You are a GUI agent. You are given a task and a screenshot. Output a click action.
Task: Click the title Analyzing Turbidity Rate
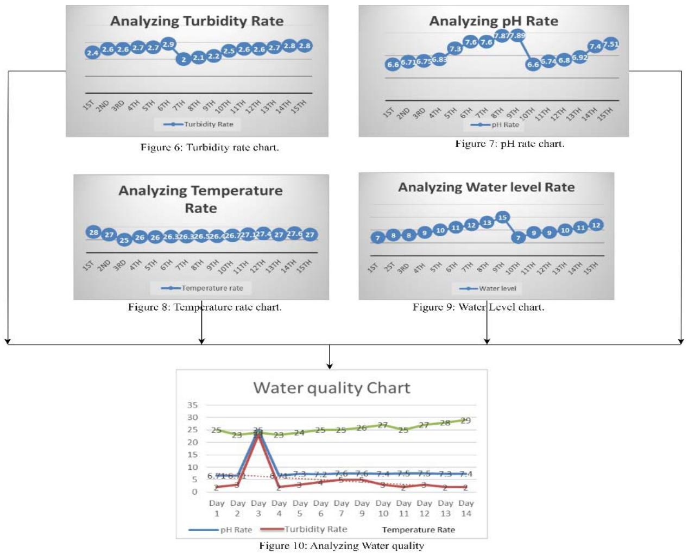pyautogui.click(x=197, y=21)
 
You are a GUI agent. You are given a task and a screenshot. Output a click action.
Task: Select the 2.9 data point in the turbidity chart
pyautogui.click(x=168, y=45)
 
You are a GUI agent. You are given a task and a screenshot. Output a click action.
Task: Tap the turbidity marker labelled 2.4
pyautogui.click(x=92, y=53)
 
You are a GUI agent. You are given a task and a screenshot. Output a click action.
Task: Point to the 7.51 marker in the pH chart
pyautogui.click(x=611, y=44)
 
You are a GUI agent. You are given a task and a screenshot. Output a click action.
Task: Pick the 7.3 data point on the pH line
pyautogui.click(x=455, y=49)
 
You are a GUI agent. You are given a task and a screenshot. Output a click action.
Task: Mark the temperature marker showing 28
pyautogui.click(x=94, y=232)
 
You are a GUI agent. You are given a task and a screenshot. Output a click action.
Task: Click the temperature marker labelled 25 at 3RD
pyautogui.click(x=124, y=240)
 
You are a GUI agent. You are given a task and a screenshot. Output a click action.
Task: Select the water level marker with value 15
pyautogui.click(x=502, y=218)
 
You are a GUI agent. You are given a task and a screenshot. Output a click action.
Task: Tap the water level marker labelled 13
pyautogui.click(x=487, y=223)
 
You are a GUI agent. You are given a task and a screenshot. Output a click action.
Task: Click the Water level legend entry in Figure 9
pyautogui.click(x=488, y=288)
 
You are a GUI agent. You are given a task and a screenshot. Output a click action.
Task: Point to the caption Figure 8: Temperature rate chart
pyautogui.click(x=205, y=307)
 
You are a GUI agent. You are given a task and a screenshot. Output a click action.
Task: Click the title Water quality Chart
pyautogui.click(x=331, y=388)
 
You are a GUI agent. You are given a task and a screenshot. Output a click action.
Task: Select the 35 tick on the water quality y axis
pyautogui.click(x=192, y=405)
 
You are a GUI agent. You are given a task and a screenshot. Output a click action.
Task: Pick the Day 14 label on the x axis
pyautogui.click(x=466, y=508)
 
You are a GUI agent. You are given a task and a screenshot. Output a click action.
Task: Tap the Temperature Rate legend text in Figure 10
pyautogui.click(x=418, y=530)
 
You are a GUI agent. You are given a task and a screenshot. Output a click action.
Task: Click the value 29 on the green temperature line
pyautogui.click(x=465, y=420)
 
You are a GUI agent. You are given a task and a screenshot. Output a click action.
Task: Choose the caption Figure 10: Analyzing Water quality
pyautogui.click(x=341, y=546)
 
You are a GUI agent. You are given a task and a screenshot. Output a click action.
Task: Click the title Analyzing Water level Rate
pyautogui.click(x=486, y=187)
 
